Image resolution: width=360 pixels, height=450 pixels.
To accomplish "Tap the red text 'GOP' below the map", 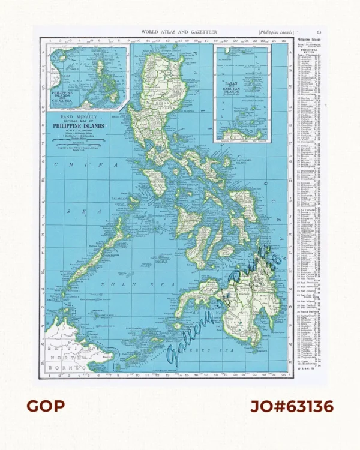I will pos(45,407).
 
